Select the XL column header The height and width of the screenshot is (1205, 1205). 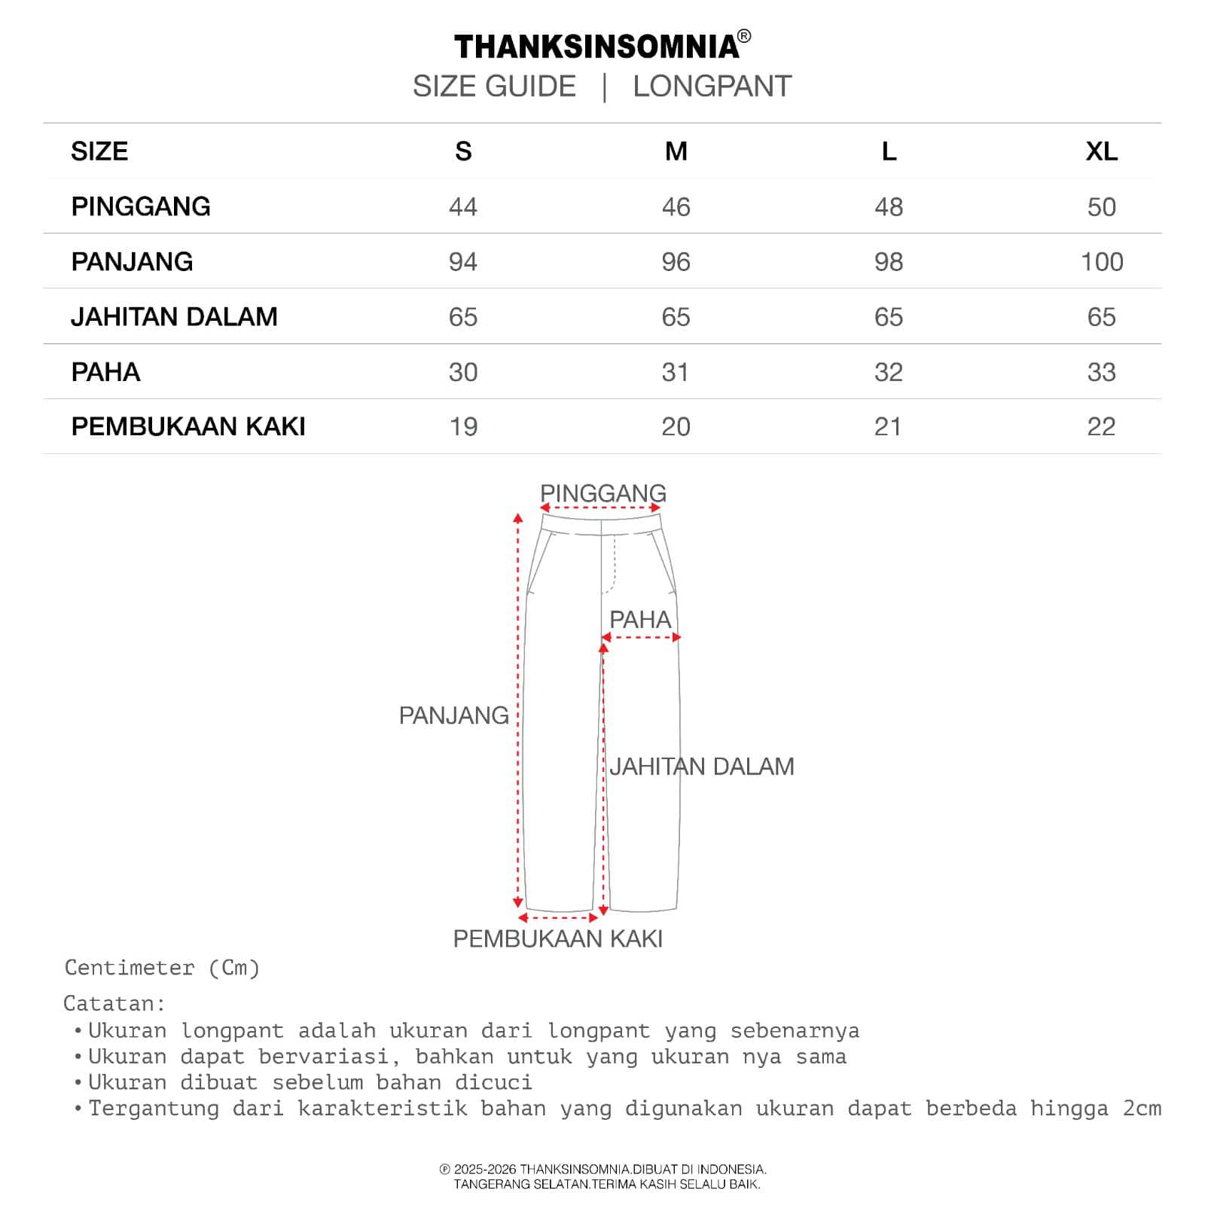[x=1101, y=151]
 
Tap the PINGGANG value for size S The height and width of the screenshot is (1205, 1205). [x=463, y=207]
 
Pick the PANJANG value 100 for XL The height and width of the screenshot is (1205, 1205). [x=1102, y=262]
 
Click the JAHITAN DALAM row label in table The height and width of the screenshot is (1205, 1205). [x=174, y=317]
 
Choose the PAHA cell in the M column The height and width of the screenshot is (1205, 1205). [x=676, y=372]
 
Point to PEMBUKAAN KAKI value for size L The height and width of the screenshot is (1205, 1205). [x=888, y=427]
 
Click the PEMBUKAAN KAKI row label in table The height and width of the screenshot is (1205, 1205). [x=188, y=427]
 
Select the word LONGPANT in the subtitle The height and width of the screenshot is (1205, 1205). [x=712, y=87]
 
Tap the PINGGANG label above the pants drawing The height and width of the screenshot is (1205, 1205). [x=603, y=493]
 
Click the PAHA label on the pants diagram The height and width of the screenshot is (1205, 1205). [x=639, y=620]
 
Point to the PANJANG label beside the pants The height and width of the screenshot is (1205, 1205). [x=453, y=715]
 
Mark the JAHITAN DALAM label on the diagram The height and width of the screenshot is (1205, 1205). [x=702, y=767]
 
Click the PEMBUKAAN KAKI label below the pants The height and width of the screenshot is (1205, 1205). [x=557, y=939]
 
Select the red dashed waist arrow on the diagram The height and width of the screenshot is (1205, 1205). [x=601, y=508]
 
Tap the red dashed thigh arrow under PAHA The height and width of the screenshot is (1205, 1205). [x=641, y=638]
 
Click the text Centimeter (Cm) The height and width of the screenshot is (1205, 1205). [x=162, y=968]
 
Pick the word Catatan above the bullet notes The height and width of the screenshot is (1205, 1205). [x=113, y=1004]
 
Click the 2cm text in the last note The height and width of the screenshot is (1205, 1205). [x=1142, y=1109]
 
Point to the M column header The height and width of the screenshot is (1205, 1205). [x=676, y=151]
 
